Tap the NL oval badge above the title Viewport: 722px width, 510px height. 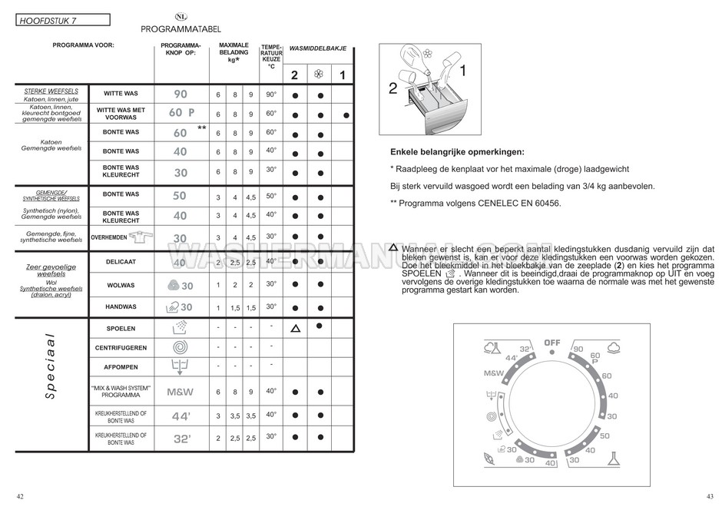point(180,16)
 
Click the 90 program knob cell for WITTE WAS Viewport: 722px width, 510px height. point(180,94)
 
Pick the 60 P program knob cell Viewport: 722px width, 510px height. point(181,113)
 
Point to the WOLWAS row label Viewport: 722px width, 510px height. point(121,286)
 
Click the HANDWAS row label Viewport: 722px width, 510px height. point(121,306)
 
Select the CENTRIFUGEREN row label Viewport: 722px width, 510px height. point(121,348)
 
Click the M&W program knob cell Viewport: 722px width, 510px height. point(180,392)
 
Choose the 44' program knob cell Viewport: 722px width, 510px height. point(180,416)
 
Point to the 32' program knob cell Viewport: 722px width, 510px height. point(180,439)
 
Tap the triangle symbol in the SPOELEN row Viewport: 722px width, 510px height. point(295,328)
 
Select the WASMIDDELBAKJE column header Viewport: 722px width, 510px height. point(318,48)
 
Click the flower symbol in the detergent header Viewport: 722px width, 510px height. point(318,75)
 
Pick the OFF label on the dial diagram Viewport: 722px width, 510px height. point(552,343)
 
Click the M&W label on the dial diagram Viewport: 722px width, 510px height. point(495,373)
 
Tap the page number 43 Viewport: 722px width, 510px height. point(710,495)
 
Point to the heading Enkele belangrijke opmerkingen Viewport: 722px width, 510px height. point(456,152)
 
